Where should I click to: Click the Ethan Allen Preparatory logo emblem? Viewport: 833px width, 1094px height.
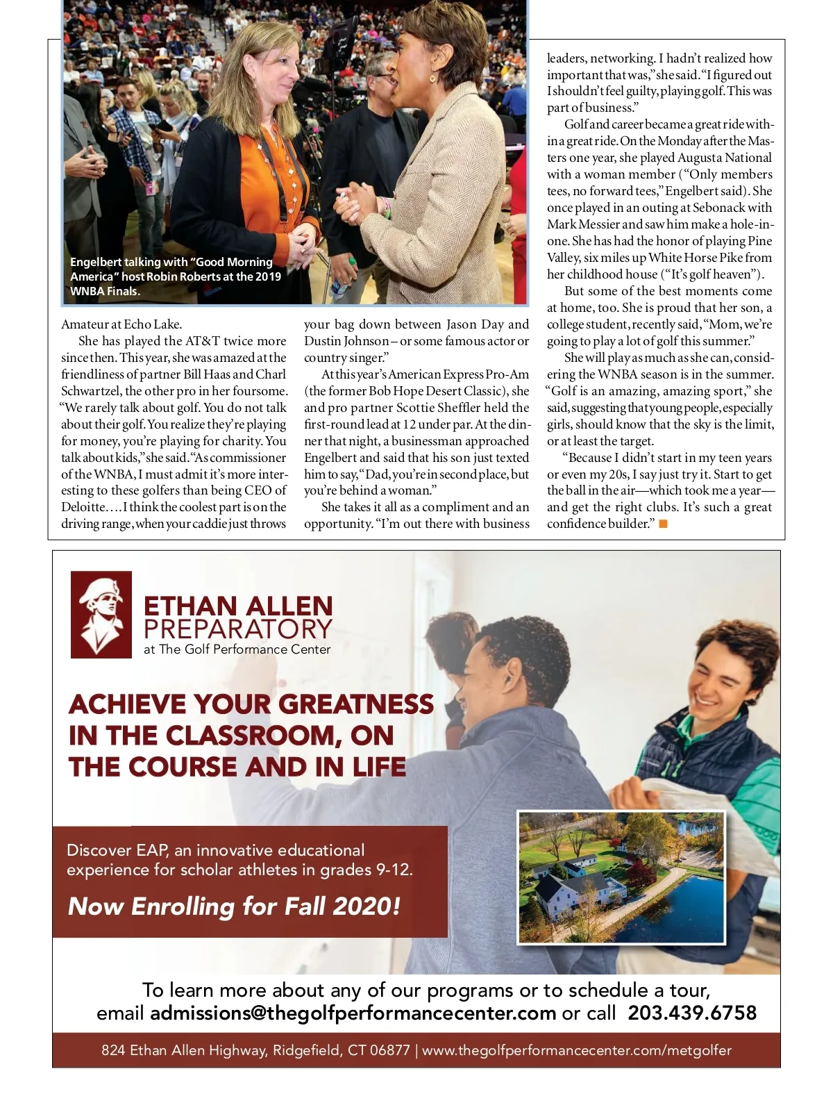[101, 614]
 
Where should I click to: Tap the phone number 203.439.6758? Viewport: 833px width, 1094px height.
[691, 1012]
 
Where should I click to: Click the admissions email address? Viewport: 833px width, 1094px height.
[353, 1013]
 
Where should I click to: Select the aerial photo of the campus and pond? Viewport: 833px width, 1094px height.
[621, 877]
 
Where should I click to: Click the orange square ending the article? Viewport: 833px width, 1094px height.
[663, 524]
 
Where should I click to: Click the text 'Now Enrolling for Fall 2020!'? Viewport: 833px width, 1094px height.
[234, 906]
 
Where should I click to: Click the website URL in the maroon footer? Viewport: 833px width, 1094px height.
[576, 1050]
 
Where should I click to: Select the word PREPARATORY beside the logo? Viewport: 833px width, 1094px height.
[237, 629]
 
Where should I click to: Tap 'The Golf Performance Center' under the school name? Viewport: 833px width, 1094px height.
[244, 649]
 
